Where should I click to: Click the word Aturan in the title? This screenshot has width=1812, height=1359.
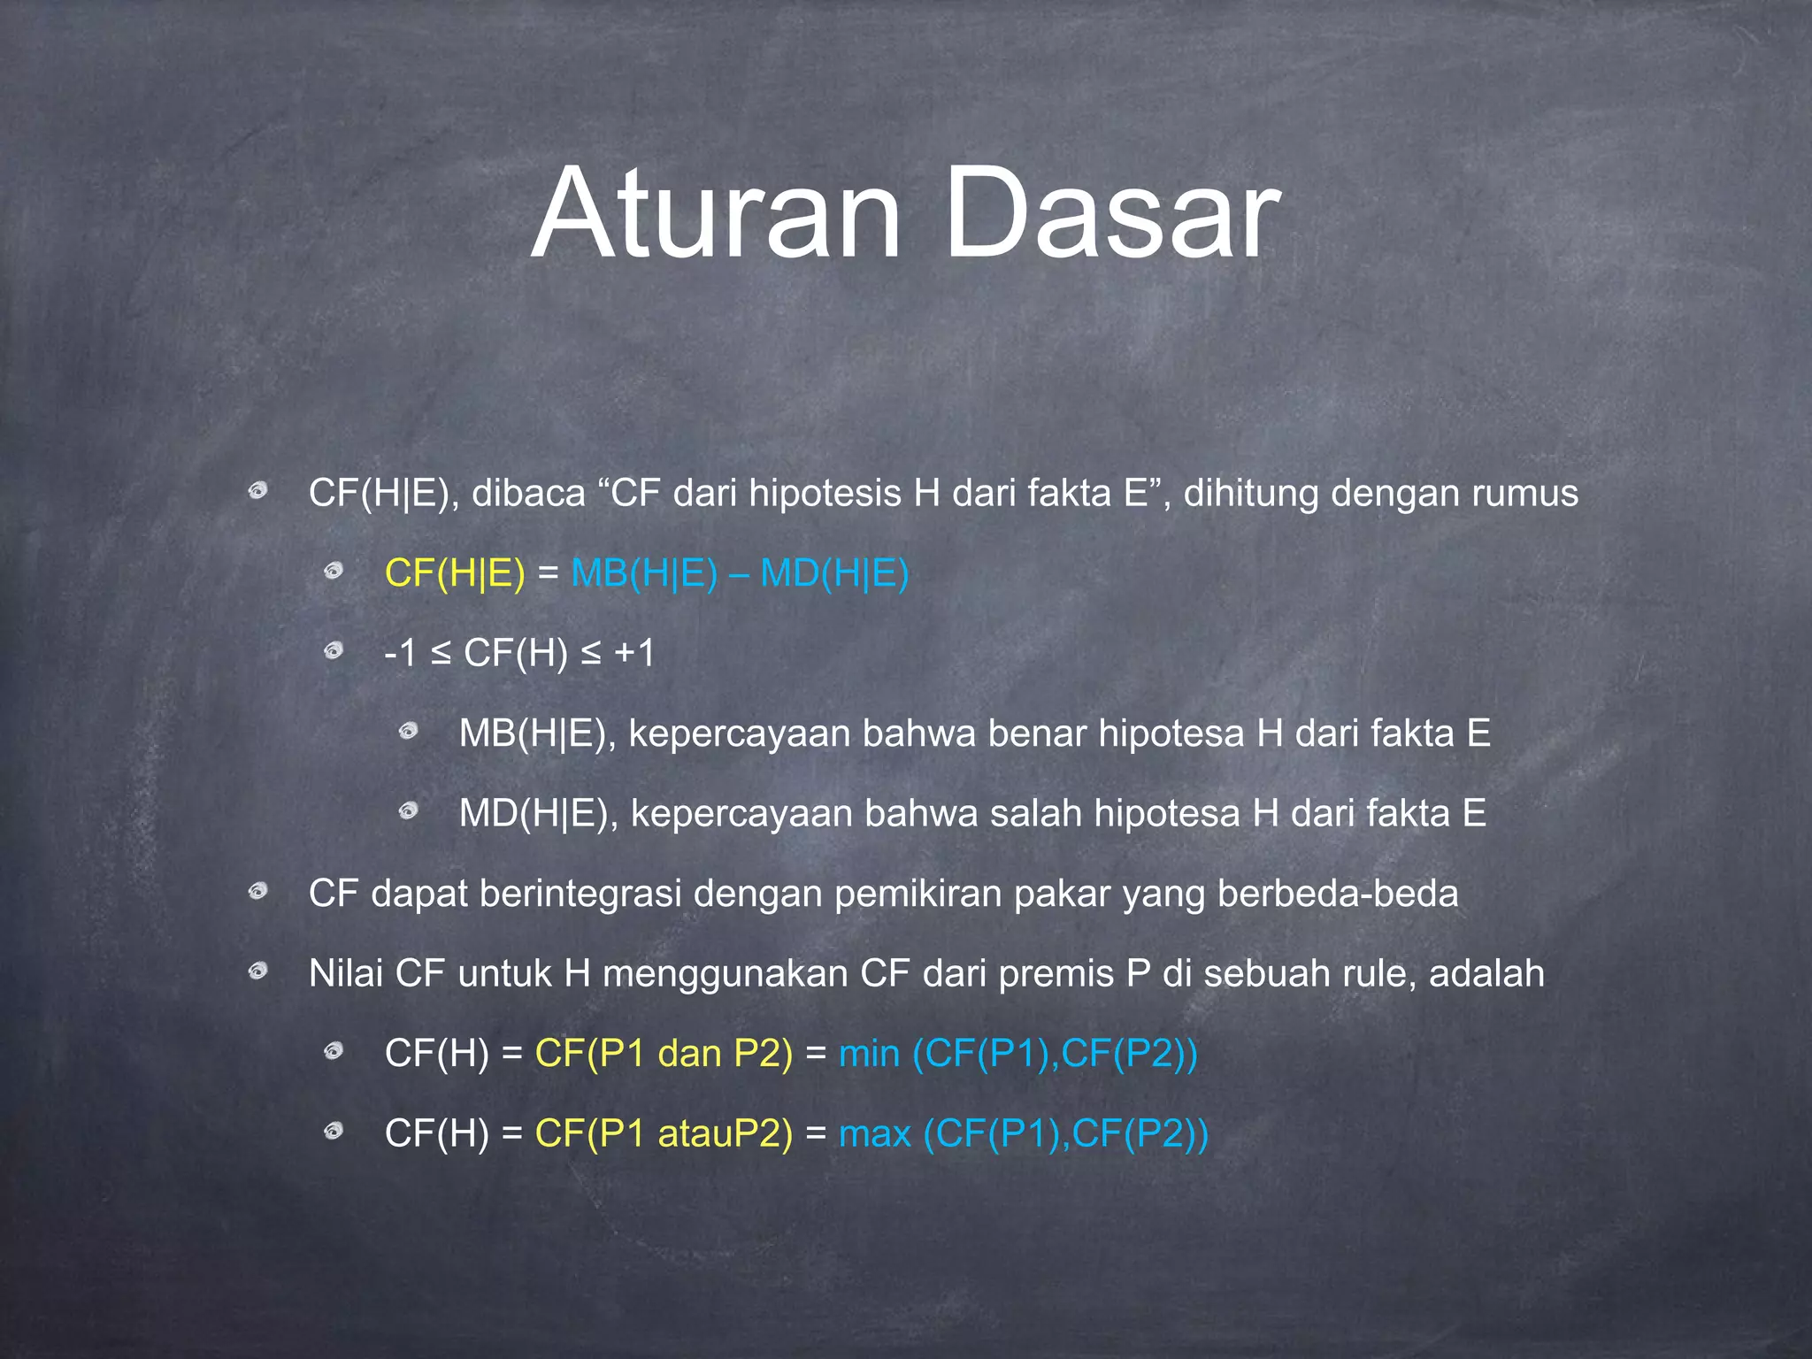[x=717, y=214]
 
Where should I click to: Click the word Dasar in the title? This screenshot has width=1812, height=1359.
[x=1110, y=214]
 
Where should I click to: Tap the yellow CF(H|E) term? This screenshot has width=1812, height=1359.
[x=455, y=573]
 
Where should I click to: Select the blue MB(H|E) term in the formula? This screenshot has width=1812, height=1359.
[x=644, y=573]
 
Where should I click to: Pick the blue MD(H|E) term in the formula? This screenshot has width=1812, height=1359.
[x=834, y=573]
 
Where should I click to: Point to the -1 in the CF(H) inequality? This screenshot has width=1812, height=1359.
[x=400, y=654]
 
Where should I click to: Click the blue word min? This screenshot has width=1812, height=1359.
[x=869, y=1054]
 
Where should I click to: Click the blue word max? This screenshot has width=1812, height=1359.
[x=874, y=1133]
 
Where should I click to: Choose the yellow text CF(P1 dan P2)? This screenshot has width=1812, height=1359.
[x=664, y=1054]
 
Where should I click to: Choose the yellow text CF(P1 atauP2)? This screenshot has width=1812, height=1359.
[x=664, y=1133]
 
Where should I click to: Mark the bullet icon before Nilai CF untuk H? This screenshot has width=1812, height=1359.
[x=257, y=972]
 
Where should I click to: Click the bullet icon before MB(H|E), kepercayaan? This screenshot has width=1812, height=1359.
[x=408, y=731]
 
